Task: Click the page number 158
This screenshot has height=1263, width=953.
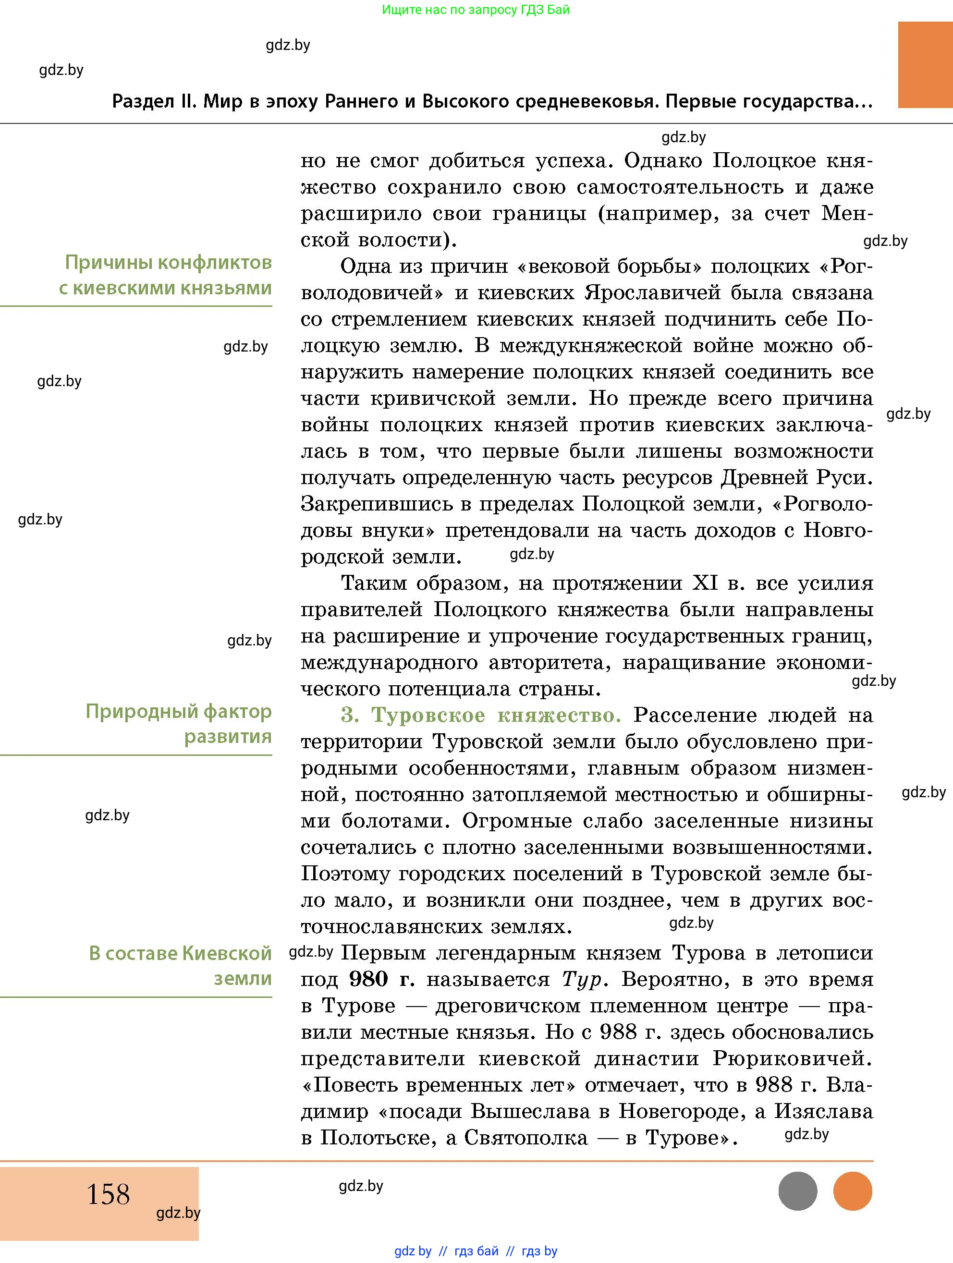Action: pos(108,1194)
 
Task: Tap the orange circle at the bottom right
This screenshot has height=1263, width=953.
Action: pos(853,1191)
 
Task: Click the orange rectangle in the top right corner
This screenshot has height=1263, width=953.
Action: pos(925,64)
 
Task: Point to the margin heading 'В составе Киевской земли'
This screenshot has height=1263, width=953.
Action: pos(180,966)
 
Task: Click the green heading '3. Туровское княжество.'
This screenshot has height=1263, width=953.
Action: pos(481,715)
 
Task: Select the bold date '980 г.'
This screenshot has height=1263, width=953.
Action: pos(381,979)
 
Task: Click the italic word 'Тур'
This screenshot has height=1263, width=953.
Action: pos(581,979)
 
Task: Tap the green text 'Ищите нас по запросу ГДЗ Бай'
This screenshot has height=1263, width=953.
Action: pos(476,10)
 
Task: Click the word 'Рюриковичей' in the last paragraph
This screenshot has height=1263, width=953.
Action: pos(793,1058)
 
